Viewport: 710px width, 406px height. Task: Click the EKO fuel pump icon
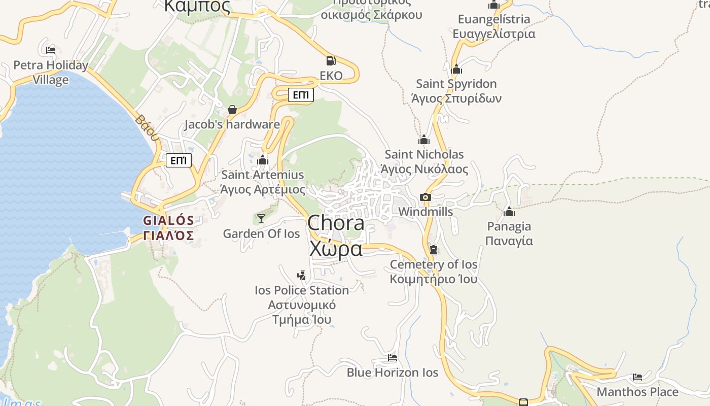pos(331,61)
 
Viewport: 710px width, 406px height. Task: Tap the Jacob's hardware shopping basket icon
pos(232,109)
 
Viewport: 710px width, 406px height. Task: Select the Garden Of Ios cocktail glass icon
pos(261,218)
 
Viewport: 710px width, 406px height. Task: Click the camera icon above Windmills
pos(425,197)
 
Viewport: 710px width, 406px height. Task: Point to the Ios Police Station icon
pos(302,276)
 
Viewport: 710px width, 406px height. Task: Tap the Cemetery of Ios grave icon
pos(434,249)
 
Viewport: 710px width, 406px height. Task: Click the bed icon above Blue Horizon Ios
pos(392,358)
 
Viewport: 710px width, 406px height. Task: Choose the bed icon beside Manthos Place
pos(637,377)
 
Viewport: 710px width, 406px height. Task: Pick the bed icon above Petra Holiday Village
pos(50,50)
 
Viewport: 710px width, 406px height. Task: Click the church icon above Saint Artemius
pos(262,160)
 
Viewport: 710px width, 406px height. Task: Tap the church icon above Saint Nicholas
pos(424,140)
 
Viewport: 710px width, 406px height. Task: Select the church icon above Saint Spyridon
pos(456,69)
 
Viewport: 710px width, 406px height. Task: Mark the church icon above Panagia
pos(509,212)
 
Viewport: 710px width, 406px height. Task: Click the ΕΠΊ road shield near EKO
pos(301,95)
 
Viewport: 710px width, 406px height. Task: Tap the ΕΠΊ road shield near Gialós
pos(179,161)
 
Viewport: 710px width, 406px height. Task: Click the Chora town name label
pos(336,223)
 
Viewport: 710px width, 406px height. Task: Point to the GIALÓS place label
pos(168,221)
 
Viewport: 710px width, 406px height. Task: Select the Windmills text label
pos(425,212)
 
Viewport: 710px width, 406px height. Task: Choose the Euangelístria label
pos(494,20)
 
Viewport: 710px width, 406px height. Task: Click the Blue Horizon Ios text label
pos(392,373)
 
